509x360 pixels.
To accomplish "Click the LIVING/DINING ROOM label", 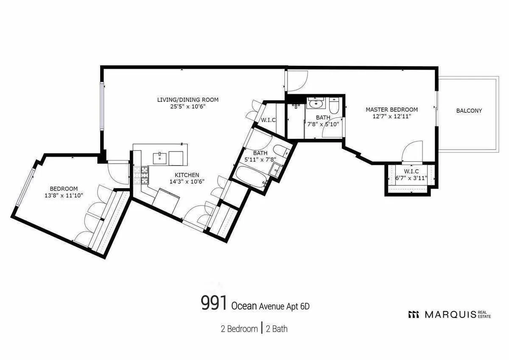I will (x=187, y=100).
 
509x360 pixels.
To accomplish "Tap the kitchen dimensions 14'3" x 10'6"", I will (x=187, y=181).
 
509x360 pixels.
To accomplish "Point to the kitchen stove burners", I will (x=142, y=175).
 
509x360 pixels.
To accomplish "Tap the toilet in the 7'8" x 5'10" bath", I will (x=333, y=105).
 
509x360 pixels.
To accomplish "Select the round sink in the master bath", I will (x=316, y=104).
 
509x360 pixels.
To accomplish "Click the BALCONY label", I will (x=469, y=111).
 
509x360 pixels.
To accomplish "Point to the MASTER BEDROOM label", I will (x=392, y=109).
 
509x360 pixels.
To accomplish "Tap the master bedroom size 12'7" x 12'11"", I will (x=392, y=115).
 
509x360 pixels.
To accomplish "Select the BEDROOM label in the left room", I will (x=64, y=189).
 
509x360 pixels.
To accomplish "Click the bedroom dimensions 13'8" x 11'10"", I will (x=64, y=195).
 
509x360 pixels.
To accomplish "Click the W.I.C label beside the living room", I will (x=268, y=120).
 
